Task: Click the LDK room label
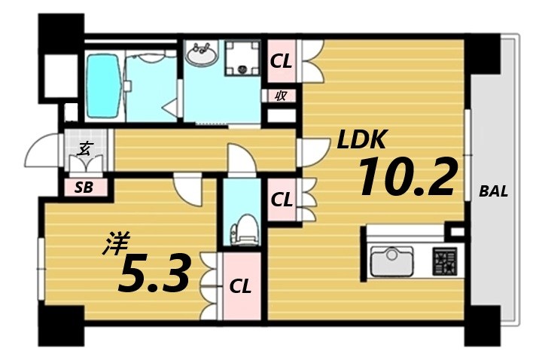point(361,139)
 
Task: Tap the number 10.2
point(407,178)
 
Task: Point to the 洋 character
point(117,243)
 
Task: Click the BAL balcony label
point(493,191)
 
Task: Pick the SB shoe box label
point(84,188)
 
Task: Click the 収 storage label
point(280,96)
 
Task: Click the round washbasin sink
point(202,54)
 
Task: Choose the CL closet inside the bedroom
point(240,286)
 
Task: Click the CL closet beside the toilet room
point(282,200)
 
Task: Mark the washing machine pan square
point(243,59)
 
